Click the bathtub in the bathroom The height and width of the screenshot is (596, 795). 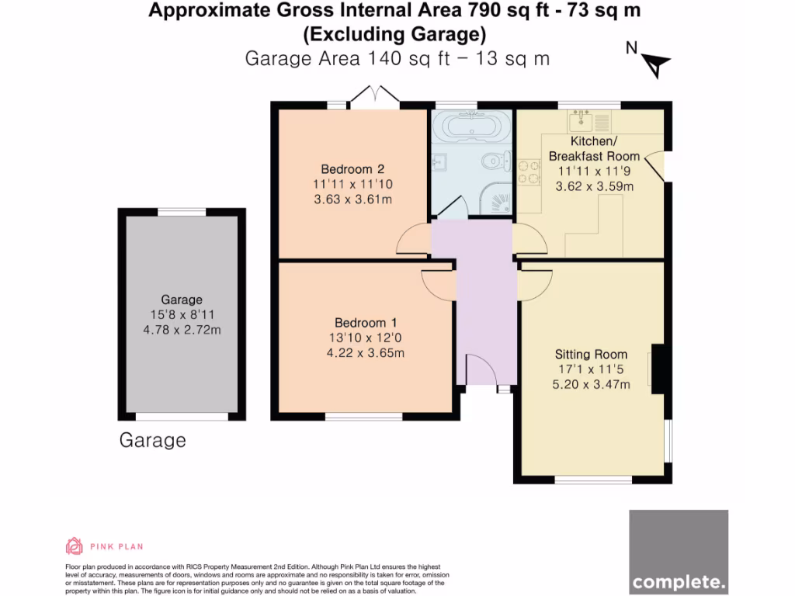470,125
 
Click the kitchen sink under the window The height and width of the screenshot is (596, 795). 590,120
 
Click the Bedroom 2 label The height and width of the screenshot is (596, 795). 352,169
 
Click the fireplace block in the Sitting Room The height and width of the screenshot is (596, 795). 658,369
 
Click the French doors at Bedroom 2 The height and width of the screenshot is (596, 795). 374,96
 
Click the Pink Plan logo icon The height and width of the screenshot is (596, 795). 74,546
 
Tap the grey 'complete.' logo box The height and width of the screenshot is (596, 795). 679,552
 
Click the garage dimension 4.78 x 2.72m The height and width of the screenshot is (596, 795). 182,330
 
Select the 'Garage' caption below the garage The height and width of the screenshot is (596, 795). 152,441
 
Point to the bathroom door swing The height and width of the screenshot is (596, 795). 450,206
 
